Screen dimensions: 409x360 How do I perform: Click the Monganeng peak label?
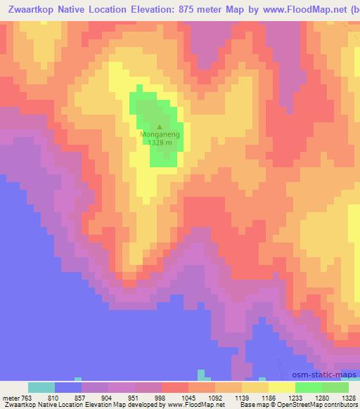(x=160, y=134)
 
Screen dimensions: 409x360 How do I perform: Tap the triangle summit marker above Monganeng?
(x=159, y=127)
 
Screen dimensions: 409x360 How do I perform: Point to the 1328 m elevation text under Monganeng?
(x=160, y=141)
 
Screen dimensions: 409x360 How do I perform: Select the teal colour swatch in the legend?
(x=41, y=387)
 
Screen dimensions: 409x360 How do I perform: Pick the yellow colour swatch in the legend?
(x=282, y=387)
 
